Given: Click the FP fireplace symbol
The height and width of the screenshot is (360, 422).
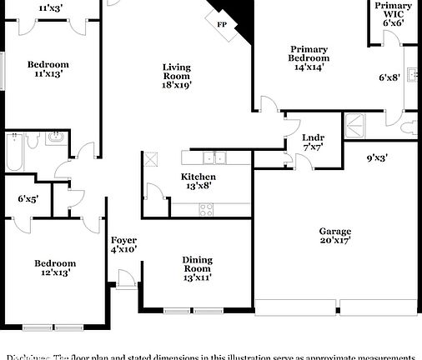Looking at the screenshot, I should click(223, 25).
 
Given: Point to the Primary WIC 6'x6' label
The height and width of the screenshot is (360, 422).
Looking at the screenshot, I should click(392, 14).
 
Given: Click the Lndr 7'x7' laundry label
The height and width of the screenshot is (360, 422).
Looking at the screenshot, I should click(313, 142).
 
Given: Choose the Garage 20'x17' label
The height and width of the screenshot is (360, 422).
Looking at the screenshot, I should click(334, 237).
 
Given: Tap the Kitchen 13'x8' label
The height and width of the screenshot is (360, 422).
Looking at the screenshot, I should click(198, 182).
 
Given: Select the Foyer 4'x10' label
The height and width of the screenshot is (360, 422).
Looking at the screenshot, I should click(123, 244).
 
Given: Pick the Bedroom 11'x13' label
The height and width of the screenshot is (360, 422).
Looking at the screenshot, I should click(48, 69).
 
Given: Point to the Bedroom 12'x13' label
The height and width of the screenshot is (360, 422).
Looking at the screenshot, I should click(54, 267).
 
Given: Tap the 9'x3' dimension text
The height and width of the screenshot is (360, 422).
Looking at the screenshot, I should click(377, 156).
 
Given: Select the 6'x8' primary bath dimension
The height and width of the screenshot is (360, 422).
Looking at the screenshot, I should click(389, 77).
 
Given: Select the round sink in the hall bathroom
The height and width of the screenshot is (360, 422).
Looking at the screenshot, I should click(56, 137).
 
